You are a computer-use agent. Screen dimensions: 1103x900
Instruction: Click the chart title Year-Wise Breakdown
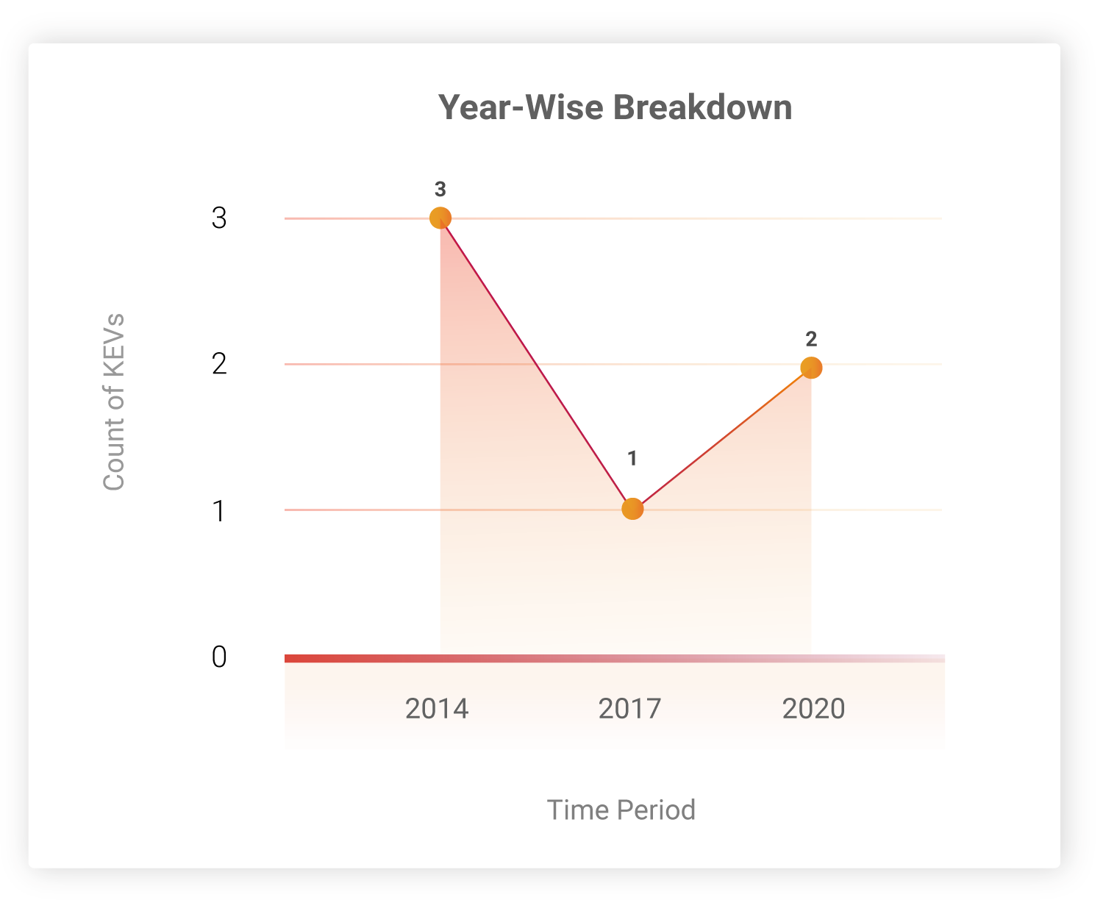[x=615, y=107]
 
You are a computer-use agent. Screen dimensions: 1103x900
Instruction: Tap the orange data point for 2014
[x=440, y=218]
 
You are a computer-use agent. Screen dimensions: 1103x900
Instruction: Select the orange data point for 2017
[x=632, y=509]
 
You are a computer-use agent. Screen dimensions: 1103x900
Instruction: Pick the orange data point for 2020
[x=811, y=368]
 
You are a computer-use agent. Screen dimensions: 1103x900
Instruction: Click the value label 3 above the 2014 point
[x=440, y=189]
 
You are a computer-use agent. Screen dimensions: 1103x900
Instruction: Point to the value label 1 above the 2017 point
[x=632, y=458]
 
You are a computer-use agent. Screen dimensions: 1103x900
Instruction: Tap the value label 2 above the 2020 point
[x=811, y=339]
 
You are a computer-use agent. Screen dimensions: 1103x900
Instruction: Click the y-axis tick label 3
[x=219, y=218]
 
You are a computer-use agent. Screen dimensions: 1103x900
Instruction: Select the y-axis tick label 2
[x=219, y=363]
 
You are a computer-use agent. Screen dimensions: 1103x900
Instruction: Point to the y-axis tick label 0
[x=219, y=657]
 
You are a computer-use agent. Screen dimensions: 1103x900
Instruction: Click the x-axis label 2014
[x=437, y=709]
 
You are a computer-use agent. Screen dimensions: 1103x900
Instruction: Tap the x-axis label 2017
[x=629, y=709]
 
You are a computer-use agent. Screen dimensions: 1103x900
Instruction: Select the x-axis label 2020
[x=813, y=709]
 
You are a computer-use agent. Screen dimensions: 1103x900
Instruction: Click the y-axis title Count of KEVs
[x=114, y=401]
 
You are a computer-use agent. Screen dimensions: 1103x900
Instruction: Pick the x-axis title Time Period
[x=621, y=810]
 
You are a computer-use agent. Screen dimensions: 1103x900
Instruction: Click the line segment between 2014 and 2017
[x=536, y=363]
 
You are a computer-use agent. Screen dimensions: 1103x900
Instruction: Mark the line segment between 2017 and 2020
[x=722, y=438]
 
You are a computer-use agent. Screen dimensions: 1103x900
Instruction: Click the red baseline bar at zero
[x=615, y=658]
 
